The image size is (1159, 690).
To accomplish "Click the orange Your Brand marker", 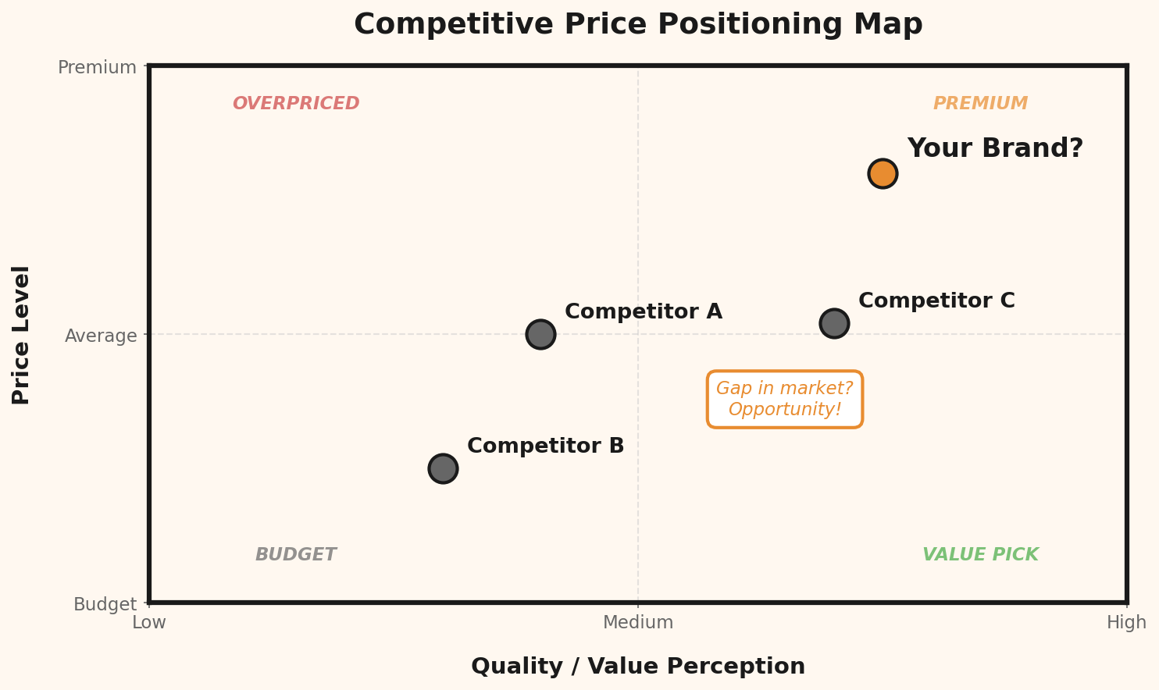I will click(x=883, y=173).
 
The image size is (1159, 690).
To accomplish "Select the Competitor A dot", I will click(x=540, y=334).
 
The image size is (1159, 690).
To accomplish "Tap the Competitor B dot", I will click(x=443, y=468).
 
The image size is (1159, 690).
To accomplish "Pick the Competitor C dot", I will click(x=834, y=323).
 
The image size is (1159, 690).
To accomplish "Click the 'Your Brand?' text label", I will click(x=995, y=148).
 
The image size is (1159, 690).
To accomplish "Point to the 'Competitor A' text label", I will click(x=643, y=312).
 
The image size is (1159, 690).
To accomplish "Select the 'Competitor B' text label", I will click(x=545, y=446).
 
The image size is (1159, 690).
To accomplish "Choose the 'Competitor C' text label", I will click(x=936, y=301).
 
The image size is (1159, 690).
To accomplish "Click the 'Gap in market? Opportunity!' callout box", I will click(x=784, y=400).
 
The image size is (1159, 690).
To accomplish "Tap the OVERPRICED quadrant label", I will click(x=296, y=104).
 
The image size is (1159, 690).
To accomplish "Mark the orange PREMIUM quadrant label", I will click(x=980, y=104).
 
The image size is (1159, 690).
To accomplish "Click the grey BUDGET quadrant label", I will click(x=295, y=555).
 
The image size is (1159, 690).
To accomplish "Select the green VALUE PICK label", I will click(x=980, y=555).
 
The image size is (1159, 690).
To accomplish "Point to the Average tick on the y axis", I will click(x=101, y=336).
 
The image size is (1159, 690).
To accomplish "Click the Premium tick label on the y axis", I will click(x=97, y=67).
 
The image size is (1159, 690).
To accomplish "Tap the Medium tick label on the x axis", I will click(x=638, y=623).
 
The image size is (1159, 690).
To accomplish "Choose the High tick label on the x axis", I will click(x=1126, y=623).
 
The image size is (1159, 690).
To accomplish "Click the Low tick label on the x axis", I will click(x=149, y=623).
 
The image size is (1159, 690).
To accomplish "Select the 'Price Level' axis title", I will click(x=22, y=335).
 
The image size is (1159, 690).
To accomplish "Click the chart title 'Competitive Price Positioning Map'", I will click(x=638, y=25).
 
